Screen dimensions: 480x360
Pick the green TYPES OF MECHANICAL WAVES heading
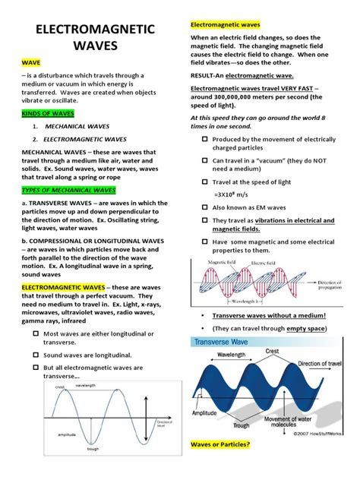[68, 189]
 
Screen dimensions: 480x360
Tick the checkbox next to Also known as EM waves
[204, 207]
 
